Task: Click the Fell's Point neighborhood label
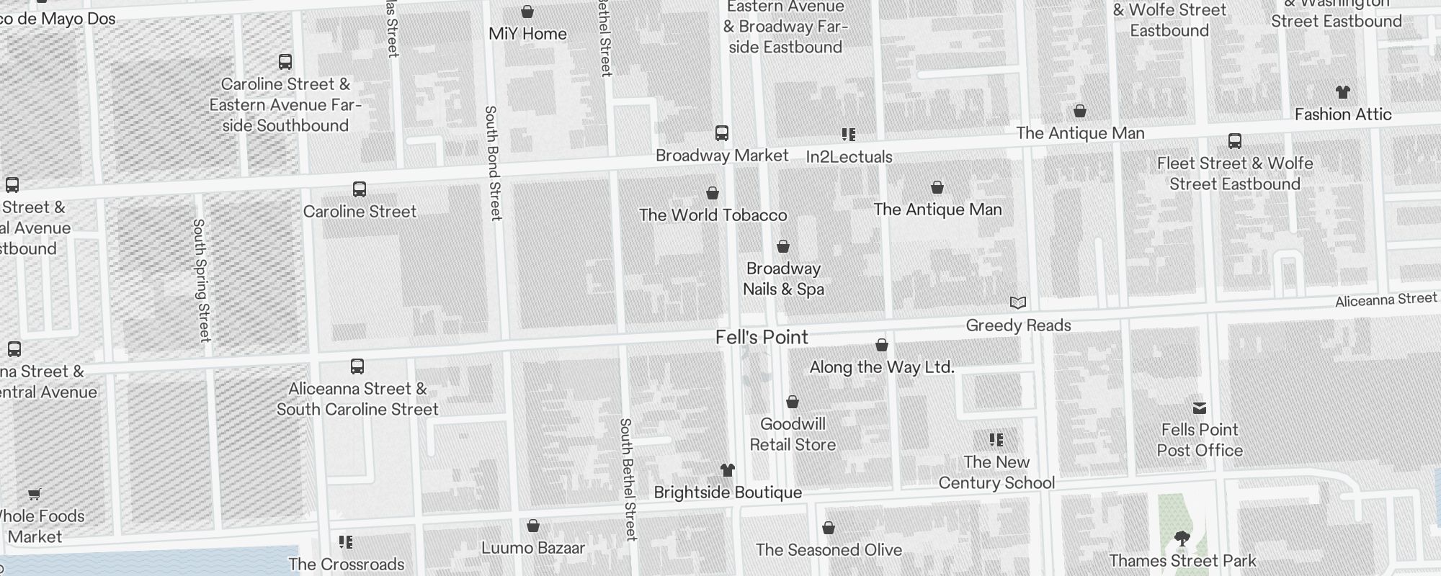762,338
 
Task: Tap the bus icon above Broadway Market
722,133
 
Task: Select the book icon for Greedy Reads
1018,303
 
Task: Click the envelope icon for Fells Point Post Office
1200,408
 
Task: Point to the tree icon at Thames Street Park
1182,539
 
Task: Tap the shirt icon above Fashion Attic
1343,92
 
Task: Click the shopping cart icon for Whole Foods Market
34,494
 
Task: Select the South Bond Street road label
492,163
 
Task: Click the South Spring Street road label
201,280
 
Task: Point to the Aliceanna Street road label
1386,300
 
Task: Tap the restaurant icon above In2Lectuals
849,135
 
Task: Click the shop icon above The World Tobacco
713,193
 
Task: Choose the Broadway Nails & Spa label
783,279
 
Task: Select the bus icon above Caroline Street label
360,189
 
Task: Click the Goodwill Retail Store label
793,434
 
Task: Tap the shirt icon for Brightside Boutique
728,471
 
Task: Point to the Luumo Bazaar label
533,548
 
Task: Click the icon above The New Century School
996,440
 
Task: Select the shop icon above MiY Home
527,12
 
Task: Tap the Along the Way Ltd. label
882,367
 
